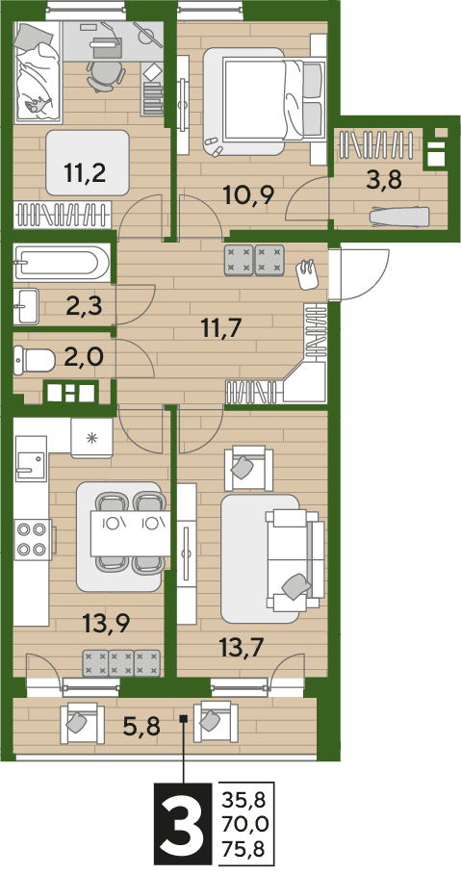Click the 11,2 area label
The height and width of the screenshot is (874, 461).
pos(86,174)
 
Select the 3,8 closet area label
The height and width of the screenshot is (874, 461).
pos(384,181)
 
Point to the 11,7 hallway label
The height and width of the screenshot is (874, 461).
pos(222,328)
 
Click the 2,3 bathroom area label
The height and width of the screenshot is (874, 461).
pos(83,306)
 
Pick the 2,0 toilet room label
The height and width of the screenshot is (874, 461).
pos(84,355)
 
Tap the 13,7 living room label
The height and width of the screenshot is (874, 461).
pos(242,648)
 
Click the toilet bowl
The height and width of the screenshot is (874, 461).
pos(34,360)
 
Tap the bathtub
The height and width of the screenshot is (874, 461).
pos(59,262)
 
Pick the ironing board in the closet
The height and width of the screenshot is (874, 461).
pos(400,216)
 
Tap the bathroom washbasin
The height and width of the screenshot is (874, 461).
pos(27,305)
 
